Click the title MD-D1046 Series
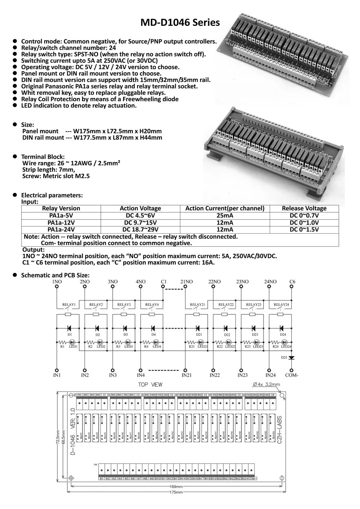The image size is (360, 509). (x=180, y=22)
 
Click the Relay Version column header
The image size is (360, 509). (x=61, y=208)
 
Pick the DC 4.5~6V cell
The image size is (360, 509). (x=140, y=216)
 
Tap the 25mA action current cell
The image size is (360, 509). (x=225, y=216)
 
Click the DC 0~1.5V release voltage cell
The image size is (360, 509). (x=304, y=229)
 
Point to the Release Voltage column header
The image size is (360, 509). (x=304, y=208)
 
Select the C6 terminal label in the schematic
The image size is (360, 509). (x=292, y=282)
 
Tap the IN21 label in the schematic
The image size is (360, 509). (x=186, y=375)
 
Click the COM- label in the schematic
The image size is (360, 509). (x=291, y=375)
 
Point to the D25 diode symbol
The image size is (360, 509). (x=291, y=357)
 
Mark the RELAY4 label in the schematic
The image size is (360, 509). (x=152, y=305)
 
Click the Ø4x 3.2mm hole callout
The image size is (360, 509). (x=266, y=384)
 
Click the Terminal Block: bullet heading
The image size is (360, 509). (x=43, y=157)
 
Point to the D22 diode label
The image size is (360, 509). (x=227, y=335)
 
